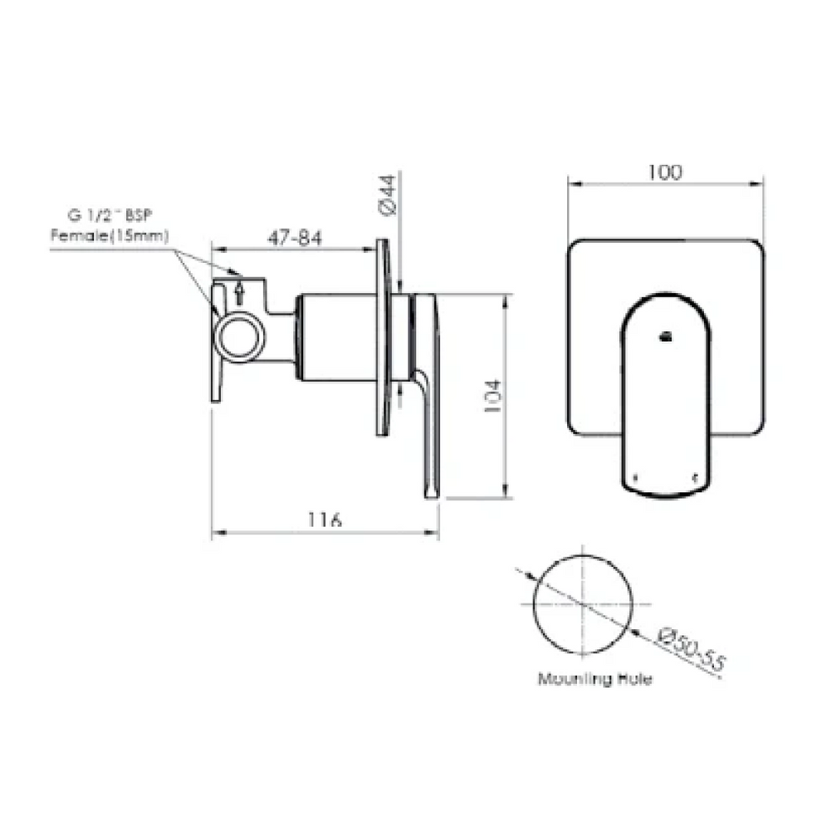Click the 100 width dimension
[664, 172]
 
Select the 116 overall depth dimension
[324, 520]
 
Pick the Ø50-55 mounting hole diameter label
[690, 648]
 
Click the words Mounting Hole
[595, 679]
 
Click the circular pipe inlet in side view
[240, 337]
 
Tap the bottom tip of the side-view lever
[432, 494]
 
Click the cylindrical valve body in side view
[339, 337]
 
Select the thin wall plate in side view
[383, 337]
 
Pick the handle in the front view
[666, 395]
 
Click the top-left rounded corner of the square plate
[576, 248]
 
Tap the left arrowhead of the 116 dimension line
[215, 533]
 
